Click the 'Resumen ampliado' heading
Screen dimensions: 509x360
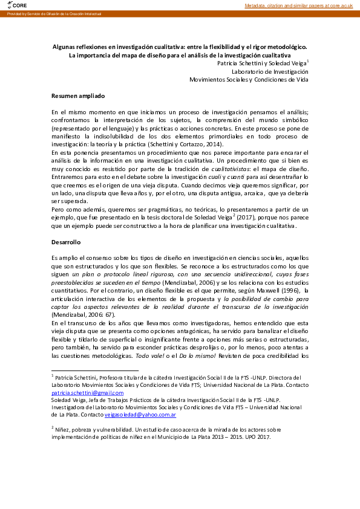(x=78, y=96)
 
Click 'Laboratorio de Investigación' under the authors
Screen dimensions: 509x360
(x=270, y=71)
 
